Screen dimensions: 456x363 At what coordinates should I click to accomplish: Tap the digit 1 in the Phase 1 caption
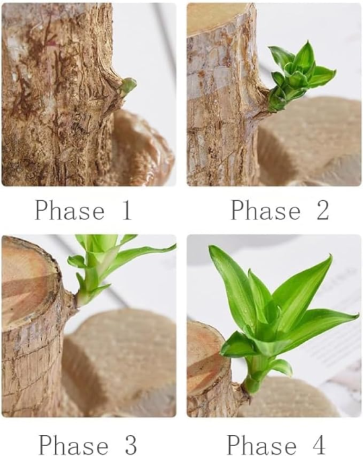(x=124, y=211)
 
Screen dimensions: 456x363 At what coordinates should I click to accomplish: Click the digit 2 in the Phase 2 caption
(x=321, y=211)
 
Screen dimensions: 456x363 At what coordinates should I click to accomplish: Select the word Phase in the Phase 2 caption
(x=265, y=211)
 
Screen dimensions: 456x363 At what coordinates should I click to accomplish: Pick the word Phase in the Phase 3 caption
(x=72, y=445)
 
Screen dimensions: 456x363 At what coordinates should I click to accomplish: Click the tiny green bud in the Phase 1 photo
(x=128, y=85)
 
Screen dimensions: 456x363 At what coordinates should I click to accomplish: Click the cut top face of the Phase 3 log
(x=27, y=282)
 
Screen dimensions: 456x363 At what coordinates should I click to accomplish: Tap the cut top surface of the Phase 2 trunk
(x=212, y=17)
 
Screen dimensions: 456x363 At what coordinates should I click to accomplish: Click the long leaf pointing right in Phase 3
(x=141, y=259)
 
